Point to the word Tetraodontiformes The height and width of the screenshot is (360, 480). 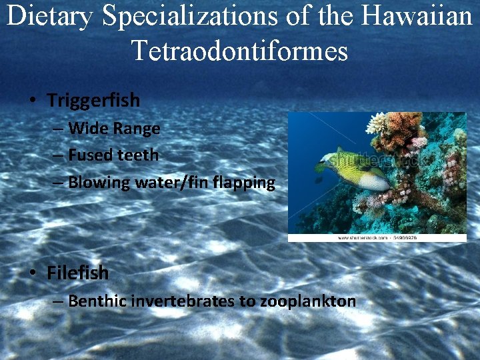(240, 50)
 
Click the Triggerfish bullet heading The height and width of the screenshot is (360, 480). (93, 101)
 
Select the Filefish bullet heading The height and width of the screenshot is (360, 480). (77, 273)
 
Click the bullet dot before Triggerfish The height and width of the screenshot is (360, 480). (32, 101)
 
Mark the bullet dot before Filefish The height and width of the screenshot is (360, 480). (32, 273)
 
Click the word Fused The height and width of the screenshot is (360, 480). (90, 155)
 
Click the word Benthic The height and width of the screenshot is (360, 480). (97, 301)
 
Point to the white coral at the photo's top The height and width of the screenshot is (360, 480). (377, 123)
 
